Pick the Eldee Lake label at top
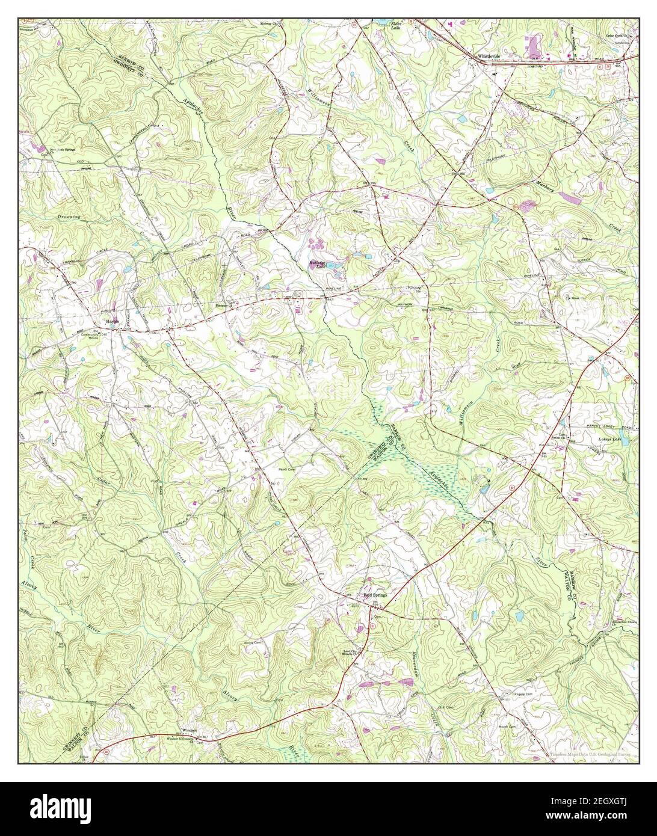[x=378, y=25]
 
